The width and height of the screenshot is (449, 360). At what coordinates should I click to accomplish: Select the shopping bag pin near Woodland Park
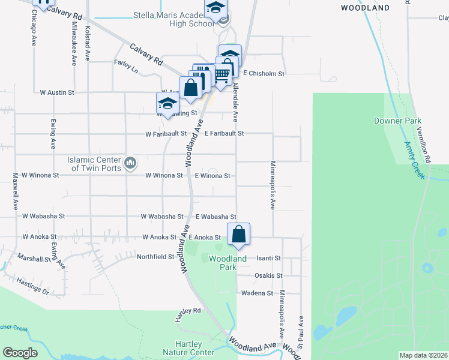click(238, 234)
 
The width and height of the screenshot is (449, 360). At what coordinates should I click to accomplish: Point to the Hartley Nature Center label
click(188, 348)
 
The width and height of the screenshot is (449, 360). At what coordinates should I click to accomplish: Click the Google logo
click(20, 353)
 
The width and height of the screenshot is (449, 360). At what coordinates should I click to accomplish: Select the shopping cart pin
click(221, 74)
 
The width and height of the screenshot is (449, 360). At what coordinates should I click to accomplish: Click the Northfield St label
click(155, 256)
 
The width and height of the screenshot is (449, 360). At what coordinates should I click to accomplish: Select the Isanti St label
click(268, 258)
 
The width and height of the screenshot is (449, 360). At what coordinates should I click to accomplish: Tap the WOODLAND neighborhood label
click(364, 8)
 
